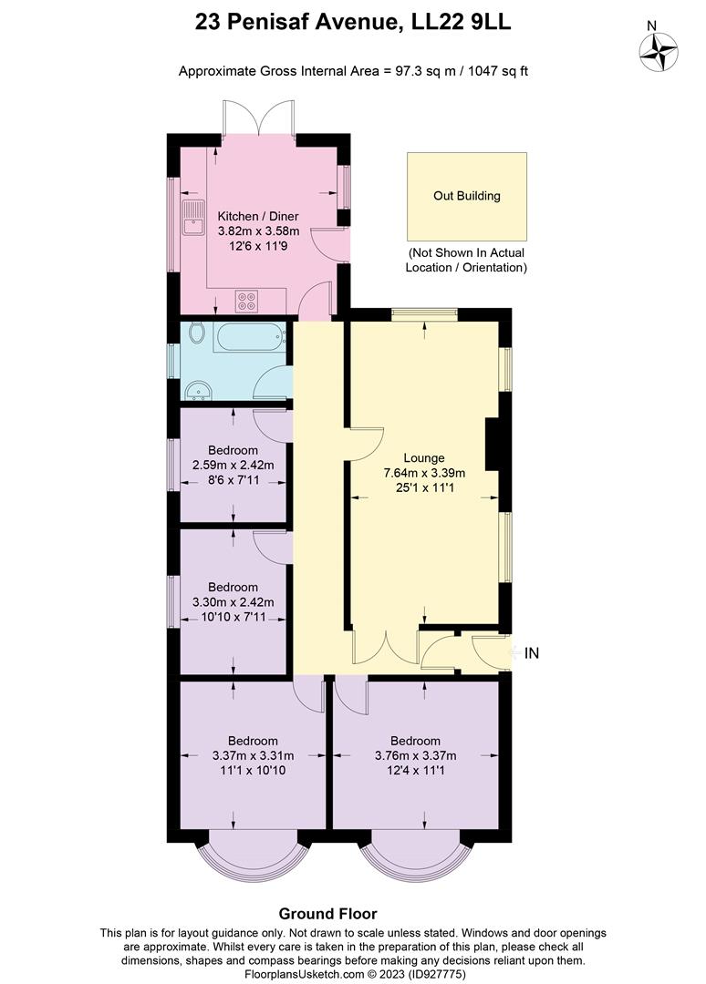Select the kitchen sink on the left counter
tap(193, 220)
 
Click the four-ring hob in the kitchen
tap(247, 300)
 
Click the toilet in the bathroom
tap(195, 334)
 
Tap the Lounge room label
tap(424, 457)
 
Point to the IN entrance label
tap(532, 653)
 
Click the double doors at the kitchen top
tap(256, 118)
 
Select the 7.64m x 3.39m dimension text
tap(424, 473)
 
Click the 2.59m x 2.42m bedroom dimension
tap(233, 466)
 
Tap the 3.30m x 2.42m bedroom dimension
tap(233, 602)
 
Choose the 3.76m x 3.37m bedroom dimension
tap(415, 755)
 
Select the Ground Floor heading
tap(327, 914)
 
